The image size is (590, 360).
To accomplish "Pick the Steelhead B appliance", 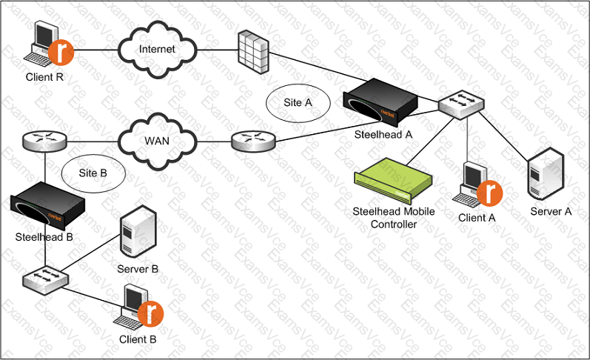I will pos(47,207).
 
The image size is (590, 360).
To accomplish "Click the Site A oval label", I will pos(298,103).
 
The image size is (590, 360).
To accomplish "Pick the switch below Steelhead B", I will pos(46,279).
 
